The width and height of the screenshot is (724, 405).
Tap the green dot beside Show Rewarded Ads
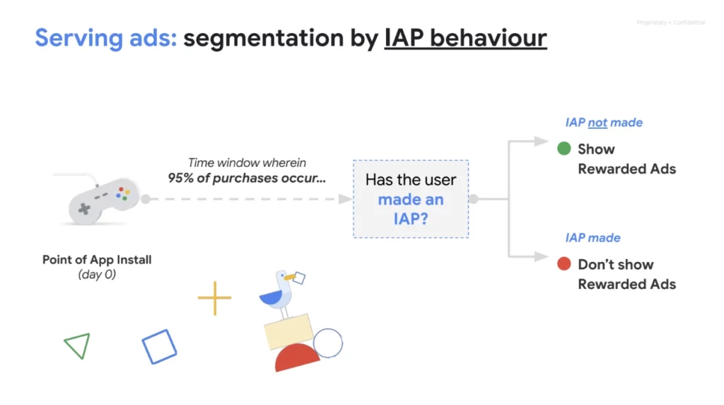point(564,149)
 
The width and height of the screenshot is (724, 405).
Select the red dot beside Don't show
point(564,264)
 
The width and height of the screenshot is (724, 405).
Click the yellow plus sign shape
point(214,298)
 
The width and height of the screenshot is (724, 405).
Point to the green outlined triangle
point(78,346)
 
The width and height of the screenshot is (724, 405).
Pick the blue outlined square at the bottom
point(159,346)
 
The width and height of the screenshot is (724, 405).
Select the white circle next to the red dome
point(327,343)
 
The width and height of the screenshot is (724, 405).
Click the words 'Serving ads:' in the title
point(105,37)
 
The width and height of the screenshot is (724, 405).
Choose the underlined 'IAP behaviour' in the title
point(465,37)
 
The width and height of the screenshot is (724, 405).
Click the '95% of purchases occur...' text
point(247,178)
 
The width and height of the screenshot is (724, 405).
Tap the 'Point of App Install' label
point(97,260)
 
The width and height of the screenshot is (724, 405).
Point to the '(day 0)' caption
point(97,275)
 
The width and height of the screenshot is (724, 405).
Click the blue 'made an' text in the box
point(410,200)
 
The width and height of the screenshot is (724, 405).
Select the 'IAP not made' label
point(603,122)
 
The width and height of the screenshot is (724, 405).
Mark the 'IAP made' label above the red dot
point(592,238)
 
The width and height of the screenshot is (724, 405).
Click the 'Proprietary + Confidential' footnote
point(670,23)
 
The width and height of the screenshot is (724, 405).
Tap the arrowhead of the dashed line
point(345,200)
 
